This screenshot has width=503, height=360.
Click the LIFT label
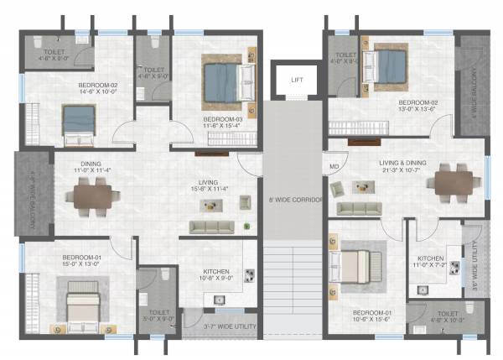pos(295,81)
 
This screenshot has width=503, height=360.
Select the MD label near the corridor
pos(334,165)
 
